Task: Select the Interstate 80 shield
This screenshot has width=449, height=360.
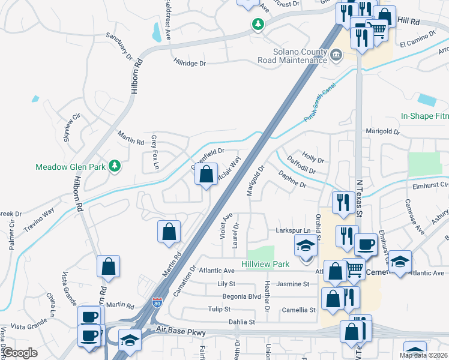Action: click(157, 303)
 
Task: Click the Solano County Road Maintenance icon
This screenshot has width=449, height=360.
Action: click(336, 56)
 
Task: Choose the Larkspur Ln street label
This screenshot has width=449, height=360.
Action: click(293, 230)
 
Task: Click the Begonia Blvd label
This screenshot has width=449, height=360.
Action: click(242, 296)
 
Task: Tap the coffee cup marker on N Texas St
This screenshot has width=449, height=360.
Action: click(366, 244)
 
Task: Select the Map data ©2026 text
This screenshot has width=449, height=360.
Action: click(423, 355)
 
